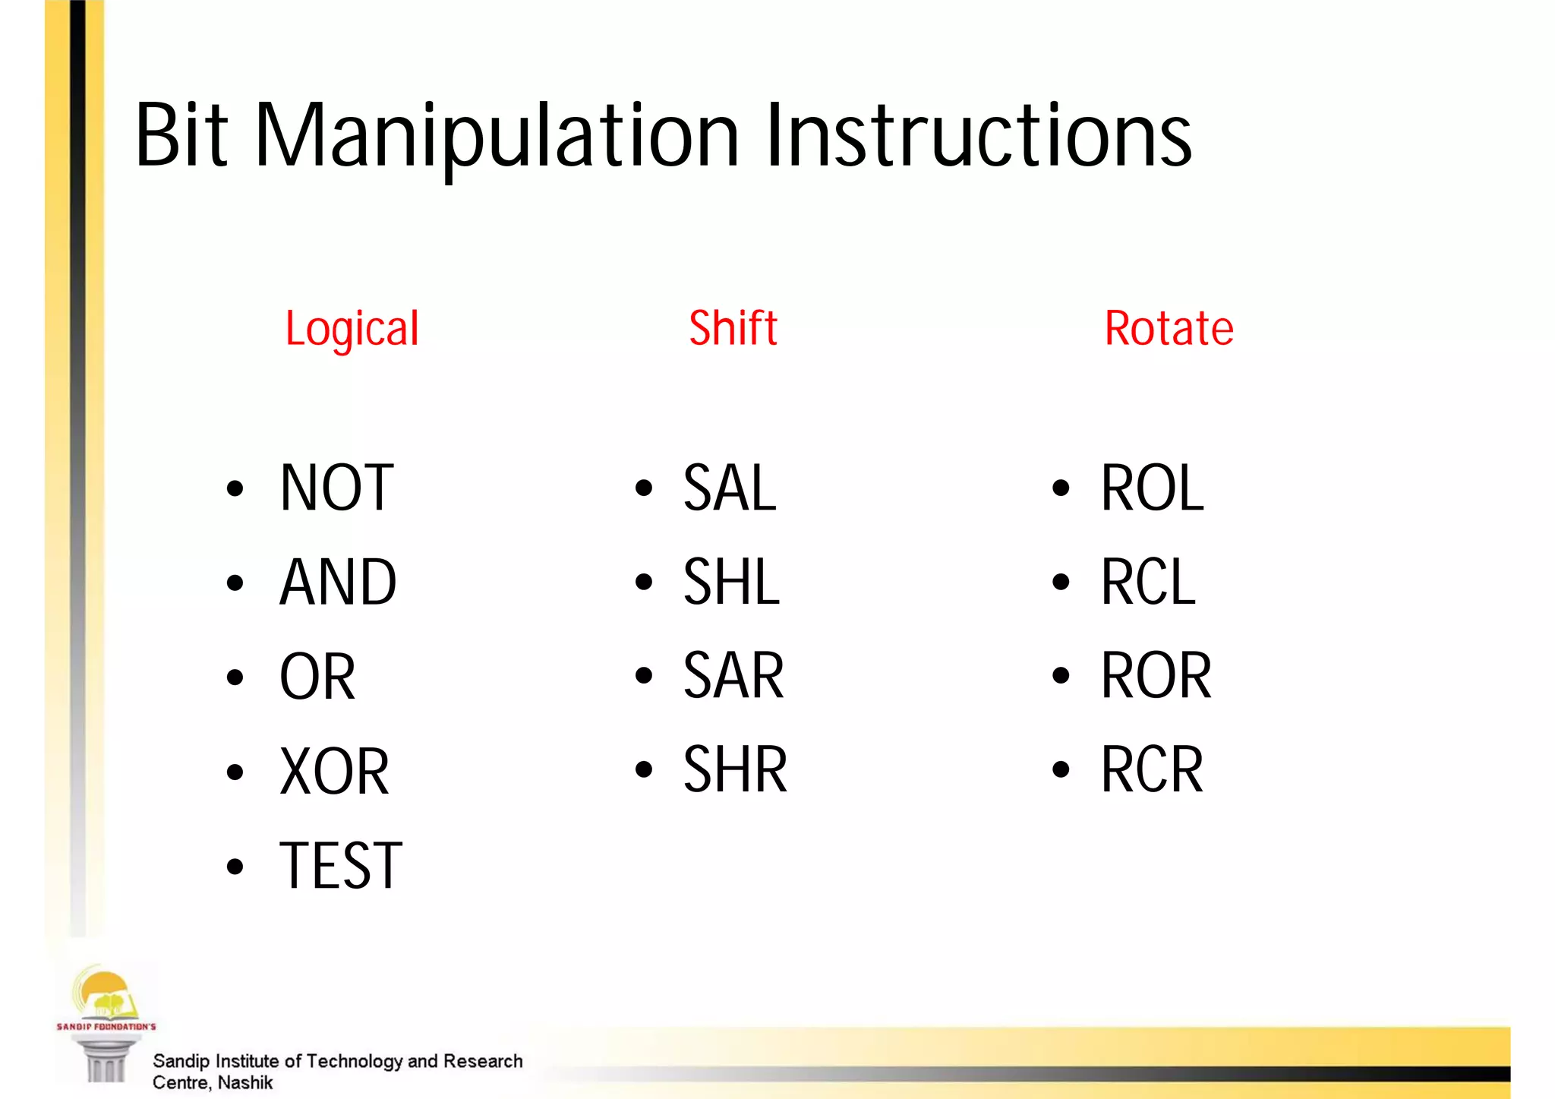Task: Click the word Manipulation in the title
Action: point(497,137)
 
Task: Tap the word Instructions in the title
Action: point(978,137)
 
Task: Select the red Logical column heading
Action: point(352,329)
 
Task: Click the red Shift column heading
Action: point(733,328)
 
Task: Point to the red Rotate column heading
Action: point(1169,329)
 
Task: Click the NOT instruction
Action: point(336,488)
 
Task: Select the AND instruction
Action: point(338,583)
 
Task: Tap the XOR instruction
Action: point(334,772)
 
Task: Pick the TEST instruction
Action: point(341,866)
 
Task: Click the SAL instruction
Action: point(730,488)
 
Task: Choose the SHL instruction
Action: point(731,583)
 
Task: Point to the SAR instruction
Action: point(733,676)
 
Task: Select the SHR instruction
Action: point(735,770)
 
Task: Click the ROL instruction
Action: point(1152,488)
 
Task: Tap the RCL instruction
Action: point(1148,583)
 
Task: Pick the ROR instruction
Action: point(1156,676)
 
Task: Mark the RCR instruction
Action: point(1152,770)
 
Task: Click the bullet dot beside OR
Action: point(235,677)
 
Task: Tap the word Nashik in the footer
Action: point(244,1082)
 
